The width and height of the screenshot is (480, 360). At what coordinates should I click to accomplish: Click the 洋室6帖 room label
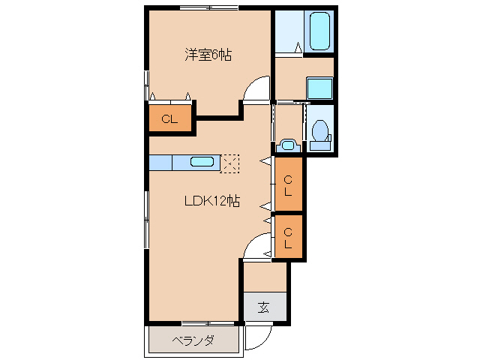tap(208, 54)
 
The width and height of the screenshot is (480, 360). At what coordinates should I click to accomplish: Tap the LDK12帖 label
tap(212, 200)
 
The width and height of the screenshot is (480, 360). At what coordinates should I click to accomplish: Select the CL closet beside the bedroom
tap(170, 118)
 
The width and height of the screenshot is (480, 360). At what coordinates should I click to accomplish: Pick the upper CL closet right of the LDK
tap(289, 184)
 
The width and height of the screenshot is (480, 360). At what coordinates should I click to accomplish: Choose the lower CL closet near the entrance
tap(289, 237)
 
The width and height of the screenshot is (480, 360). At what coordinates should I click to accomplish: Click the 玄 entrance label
tap(264, 307)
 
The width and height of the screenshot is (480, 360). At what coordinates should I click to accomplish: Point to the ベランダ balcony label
tap(193, 341)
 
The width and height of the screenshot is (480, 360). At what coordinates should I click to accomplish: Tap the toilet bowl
tap(321, 130)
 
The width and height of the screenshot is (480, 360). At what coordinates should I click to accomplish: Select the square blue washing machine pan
tap(320, 88)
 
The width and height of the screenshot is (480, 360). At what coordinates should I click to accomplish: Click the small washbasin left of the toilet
tap(286, 143)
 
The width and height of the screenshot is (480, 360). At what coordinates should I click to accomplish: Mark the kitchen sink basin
tap(202, 161)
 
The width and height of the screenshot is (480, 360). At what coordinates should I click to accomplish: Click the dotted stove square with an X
tap(230, 163)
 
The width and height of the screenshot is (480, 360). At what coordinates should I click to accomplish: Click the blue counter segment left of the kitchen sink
tap(160, 162)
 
